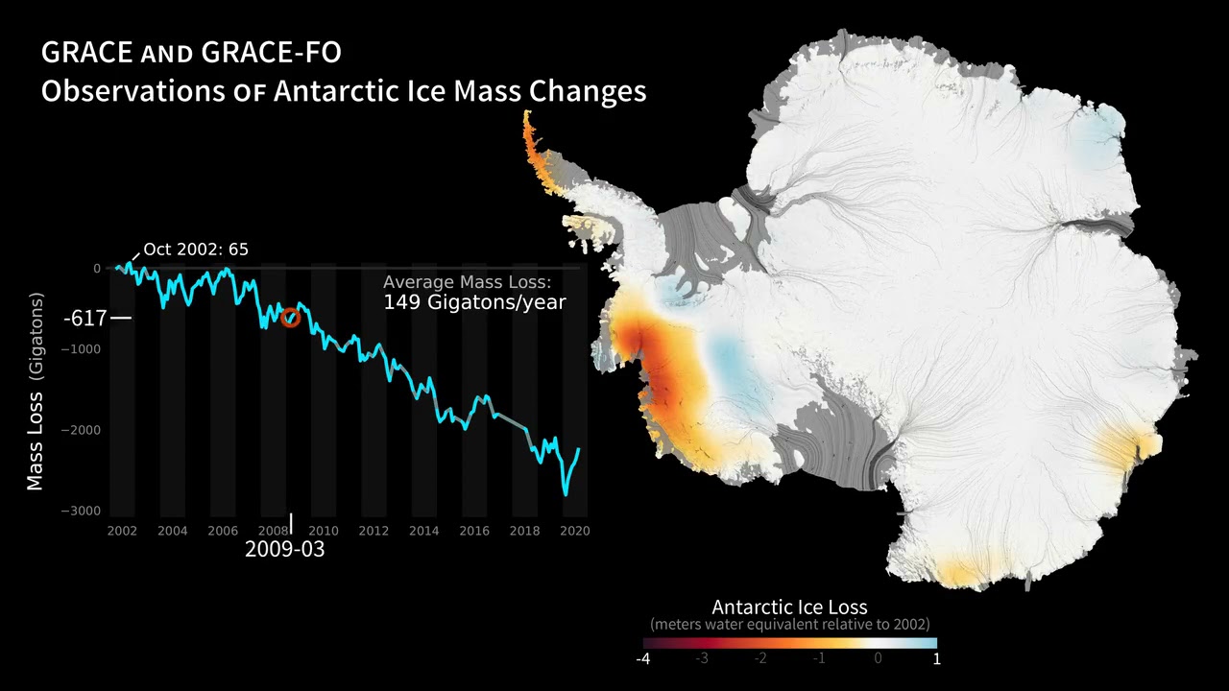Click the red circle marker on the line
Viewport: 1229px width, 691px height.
[x=290, y=318]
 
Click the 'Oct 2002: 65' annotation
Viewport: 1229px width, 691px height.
[x=195, y=250]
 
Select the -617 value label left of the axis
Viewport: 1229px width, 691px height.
[x=84, y=318]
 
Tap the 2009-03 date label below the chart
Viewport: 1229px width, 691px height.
[x=284, y=549]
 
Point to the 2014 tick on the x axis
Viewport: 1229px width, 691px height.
[x=423, y=531]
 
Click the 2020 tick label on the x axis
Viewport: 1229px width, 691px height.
[x=574, y=531]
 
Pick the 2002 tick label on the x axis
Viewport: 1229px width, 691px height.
[x=122, y=531]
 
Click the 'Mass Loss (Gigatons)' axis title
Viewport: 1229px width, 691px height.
[x=36, y=393]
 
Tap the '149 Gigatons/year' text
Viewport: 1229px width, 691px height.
[x=474, y=302]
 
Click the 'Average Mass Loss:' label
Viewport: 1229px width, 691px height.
[x=467, y=282]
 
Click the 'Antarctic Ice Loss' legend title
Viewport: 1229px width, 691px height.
[x=789, y=607]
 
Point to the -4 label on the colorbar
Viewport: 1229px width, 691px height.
[x=642, y=659]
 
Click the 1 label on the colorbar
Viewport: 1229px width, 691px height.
[x=936, y=659]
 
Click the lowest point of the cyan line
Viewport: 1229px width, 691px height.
[x=566, y=494]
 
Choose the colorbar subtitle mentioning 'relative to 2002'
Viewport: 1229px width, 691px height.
[x=789, y=625]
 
